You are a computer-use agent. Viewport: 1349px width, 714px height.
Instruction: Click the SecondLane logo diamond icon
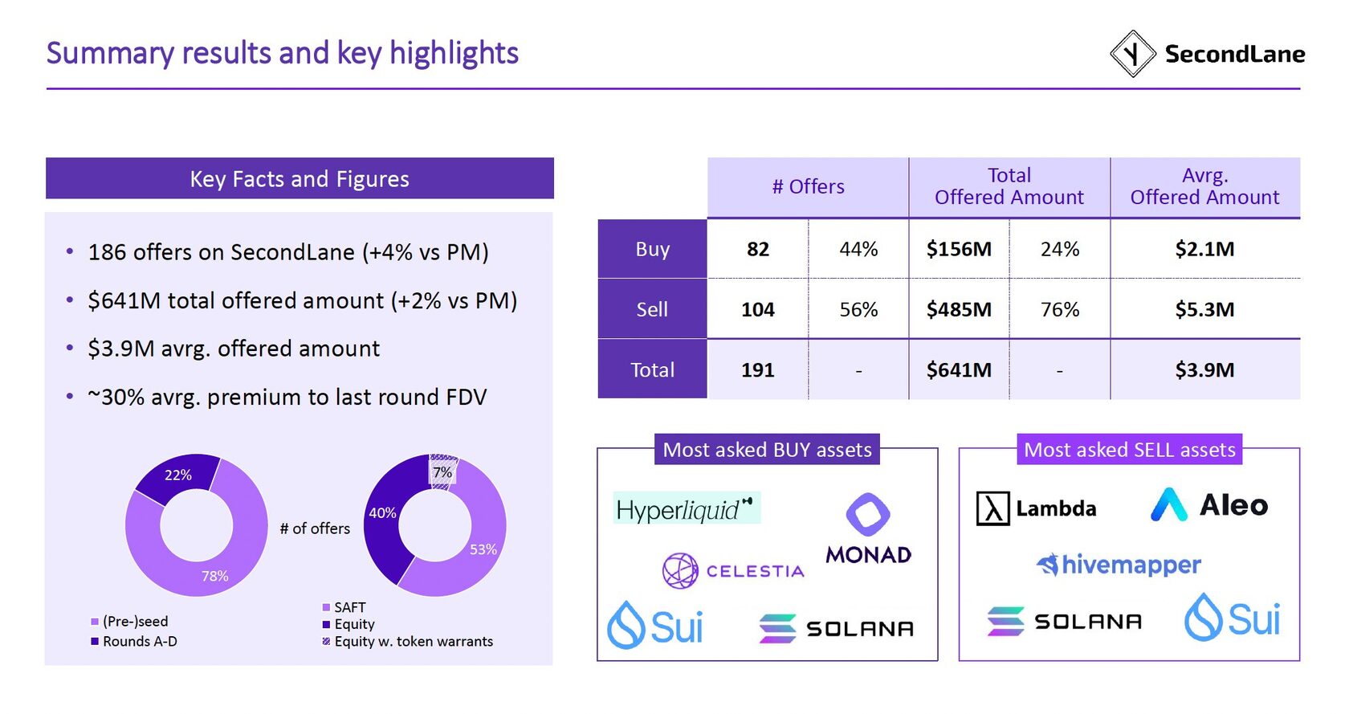(1132, 54)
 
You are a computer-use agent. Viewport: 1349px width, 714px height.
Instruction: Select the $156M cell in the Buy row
(959, 249)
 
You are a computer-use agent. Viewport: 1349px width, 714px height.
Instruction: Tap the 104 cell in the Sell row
(757, 309)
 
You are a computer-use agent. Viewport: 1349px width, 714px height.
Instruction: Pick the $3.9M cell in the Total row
(1204, 369)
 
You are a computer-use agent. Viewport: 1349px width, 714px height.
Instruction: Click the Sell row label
(652, 309)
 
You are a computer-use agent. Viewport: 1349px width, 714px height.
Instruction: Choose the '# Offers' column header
(808, 186)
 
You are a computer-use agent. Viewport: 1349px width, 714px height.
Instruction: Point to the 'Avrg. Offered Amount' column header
(1204, 186)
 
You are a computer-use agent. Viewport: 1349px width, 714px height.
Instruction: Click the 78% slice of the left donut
(215, 575)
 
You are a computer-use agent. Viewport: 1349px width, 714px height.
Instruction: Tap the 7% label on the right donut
(442, 472)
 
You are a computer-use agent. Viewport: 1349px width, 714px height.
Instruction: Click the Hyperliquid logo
(686, 508)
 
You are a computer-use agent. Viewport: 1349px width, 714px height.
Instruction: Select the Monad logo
(868, 529)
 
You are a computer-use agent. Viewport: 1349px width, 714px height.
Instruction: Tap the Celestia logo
(733, 571)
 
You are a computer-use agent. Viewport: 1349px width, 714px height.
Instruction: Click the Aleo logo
(1209, 505)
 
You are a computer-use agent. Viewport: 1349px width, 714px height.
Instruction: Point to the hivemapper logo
(1119, 565)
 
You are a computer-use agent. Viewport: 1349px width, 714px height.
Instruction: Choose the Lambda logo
(1036, 508)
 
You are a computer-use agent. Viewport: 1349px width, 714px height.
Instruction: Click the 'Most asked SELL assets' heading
(1129, 450)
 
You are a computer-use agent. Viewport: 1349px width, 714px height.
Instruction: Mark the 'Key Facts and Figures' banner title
(300, 178)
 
